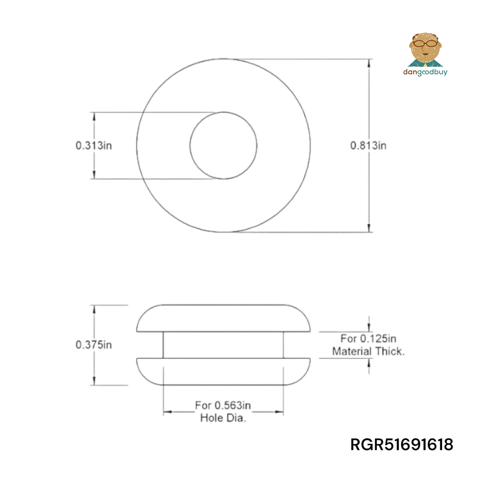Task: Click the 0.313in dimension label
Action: [94, 145]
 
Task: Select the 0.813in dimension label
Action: [368, 145]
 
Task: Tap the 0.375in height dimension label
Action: [94, 344]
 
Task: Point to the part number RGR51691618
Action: [402, 445]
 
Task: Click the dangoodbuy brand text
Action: [425, 72]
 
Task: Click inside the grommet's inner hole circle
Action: [223, 145]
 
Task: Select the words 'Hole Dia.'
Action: [223, 418]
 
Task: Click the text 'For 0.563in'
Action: [223, 406]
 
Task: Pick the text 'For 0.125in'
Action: [368, 339]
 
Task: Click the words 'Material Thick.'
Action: [368, 351]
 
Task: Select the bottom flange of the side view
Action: [223, 372]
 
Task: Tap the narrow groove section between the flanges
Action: [223, 345]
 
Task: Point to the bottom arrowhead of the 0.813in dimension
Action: [369, 228]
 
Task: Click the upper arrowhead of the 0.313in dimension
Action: [94, 116]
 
